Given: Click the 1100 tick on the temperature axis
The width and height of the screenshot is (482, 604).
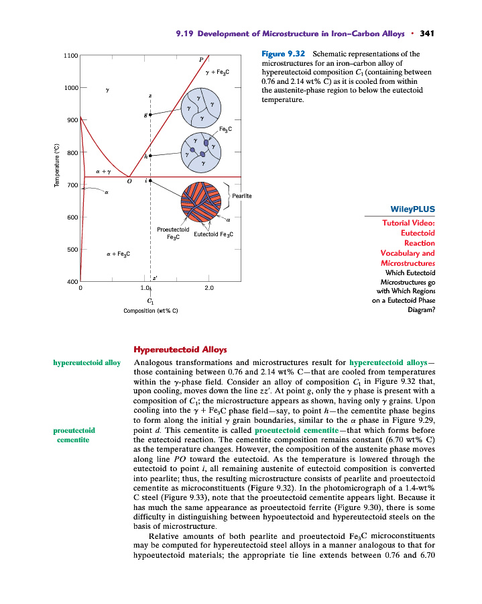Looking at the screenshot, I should click(70, 55).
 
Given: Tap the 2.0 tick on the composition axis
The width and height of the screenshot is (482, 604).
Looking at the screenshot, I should click(208, 288).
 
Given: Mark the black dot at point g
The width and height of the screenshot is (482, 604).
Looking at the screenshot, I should click(150, 115).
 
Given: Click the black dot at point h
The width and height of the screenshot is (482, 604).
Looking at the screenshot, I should click(150, 155).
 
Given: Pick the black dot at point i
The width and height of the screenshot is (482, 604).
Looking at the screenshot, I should click(150, 181).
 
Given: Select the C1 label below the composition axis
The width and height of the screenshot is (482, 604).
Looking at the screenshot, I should click(151, 300).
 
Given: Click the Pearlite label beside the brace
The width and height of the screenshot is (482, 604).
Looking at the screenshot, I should click(241, 195).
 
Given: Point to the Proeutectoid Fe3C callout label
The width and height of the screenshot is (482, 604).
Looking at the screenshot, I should click(173, 232).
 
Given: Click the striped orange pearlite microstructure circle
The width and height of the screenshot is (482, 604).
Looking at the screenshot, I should click(201, 202).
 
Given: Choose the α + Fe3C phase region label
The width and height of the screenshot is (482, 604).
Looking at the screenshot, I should click(118, 254).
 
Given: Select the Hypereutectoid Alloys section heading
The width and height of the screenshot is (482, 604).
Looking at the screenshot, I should click(180, 350).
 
